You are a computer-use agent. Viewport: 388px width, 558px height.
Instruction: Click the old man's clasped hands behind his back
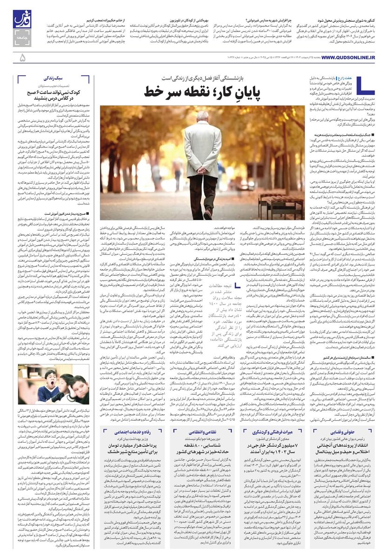(203, 161)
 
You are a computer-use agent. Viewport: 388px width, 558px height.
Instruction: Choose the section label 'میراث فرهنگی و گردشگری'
(266, 432)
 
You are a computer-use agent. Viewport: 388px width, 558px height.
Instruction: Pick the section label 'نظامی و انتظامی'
(199, 432)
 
